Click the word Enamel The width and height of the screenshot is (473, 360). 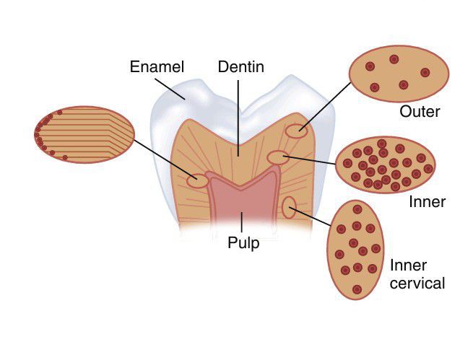click(x=157, y=68)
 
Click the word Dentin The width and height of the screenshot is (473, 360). click(x=240, y=68)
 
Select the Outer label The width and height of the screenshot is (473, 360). click(x=420, y=113)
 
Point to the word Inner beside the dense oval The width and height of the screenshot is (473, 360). click(x=427, y=202)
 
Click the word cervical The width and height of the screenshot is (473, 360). click(x=417, y=284)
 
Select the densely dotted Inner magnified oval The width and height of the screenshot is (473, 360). click(x=386, y=164)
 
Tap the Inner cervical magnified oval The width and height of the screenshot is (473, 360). click(x=355, y=250)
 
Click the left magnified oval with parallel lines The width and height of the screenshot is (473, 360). click(x=84, y=134)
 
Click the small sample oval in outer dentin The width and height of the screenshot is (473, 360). click(x=296, y=131)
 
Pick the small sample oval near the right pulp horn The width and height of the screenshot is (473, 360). click(x=277, y=157)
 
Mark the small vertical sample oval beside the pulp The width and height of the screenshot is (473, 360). click(x=289, y=208)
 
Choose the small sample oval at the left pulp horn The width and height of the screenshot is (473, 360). click(x=197, y=180)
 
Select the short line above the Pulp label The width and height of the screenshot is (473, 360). click(x=242, y=223)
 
